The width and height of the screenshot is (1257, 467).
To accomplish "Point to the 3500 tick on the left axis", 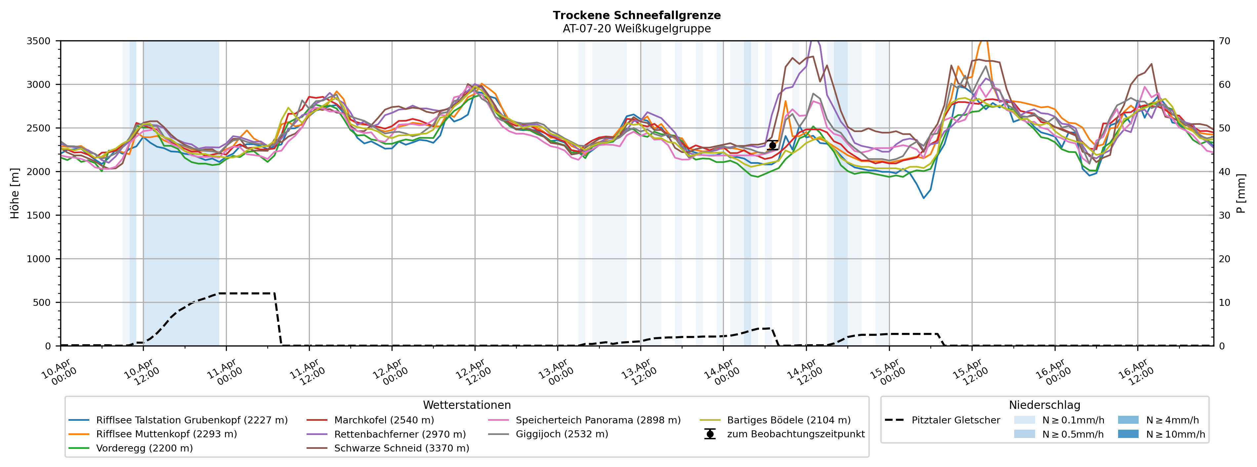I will pyautogui.click(x=39, y=41).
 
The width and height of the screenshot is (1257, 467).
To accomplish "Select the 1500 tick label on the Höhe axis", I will pyautogui.click(x=39, y=215).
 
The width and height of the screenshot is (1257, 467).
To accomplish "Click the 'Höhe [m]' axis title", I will pyautogui.click(x=15, y=194).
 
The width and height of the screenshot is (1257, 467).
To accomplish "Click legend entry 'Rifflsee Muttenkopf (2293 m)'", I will pyautogui.click(x=166, y=434).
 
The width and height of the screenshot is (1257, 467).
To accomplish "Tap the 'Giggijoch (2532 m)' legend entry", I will pyautogui.click(x=562, y=434).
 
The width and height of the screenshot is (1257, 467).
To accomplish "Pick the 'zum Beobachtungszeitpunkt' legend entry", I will pyautogui.click(x=795, y=434).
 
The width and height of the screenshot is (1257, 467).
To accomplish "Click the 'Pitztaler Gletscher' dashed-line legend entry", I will pyautogui.click(x=955, y=420).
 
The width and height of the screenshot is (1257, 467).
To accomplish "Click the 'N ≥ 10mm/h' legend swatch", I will pyautogui.click(x=1128, y=434).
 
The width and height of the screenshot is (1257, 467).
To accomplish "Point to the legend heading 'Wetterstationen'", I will pyautogui.click(x=467, y=405).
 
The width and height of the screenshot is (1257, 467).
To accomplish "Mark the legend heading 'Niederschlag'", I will pyautogui.click(x=1044, y=405).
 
